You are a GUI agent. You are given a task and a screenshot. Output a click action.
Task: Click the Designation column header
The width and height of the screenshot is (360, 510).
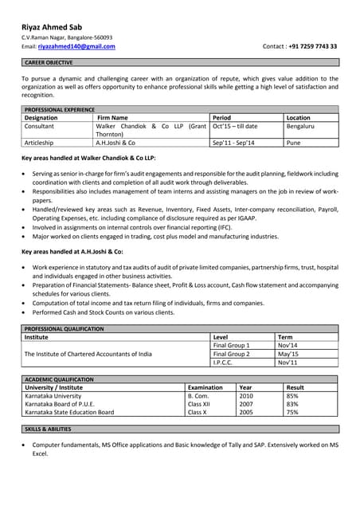click(x=46, y=118)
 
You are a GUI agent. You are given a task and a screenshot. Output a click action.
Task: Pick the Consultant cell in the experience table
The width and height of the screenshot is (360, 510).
click(x=40, y=127)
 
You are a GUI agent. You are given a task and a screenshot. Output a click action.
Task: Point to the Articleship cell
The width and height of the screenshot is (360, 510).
click(x=40, y=143)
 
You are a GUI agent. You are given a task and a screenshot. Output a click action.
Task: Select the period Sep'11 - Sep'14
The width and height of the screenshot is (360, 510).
click(x=235, y=143)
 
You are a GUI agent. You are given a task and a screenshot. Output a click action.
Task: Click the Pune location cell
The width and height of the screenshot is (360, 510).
click(x=293, y=143)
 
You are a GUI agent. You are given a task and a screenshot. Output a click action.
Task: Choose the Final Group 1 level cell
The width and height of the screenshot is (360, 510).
click(x=231, y=345)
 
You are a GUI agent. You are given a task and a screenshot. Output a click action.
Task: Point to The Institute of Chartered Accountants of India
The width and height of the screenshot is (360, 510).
click(x=88, y=354)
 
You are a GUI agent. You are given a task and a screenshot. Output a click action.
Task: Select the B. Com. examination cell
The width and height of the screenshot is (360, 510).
click(x=199, y=396)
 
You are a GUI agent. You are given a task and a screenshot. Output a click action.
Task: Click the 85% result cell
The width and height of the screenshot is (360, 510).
click(x=292, y=396)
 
